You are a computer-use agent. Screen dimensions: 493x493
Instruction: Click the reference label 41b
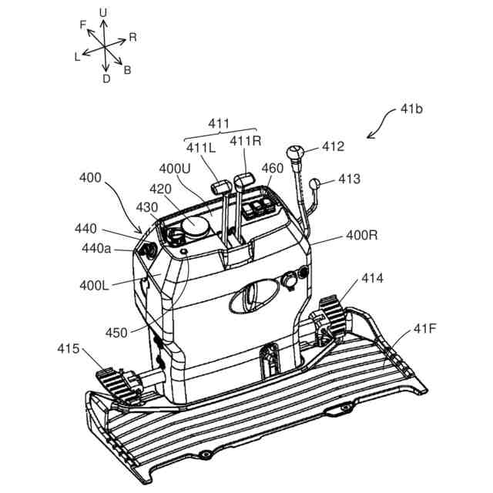[x=411, y=109]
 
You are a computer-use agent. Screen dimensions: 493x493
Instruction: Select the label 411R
[x=246, y=142]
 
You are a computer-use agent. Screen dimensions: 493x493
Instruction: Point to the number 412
[x=334, y=146]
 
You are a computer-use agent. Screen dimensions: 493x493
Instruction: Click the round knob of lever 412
[x=296, y=152]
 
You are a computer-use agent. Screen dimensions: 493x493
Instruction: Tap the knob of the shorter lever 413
[x=315, y=183]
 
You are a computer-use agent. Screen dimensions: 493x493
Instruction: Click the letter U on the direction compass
[x=103, y=12]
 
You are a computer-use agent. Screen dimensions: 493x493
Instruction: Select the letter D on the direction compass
[x=106, y=78]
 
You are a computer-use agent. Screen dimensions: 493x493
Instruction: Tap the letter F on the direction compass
[x=82, y=25]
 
